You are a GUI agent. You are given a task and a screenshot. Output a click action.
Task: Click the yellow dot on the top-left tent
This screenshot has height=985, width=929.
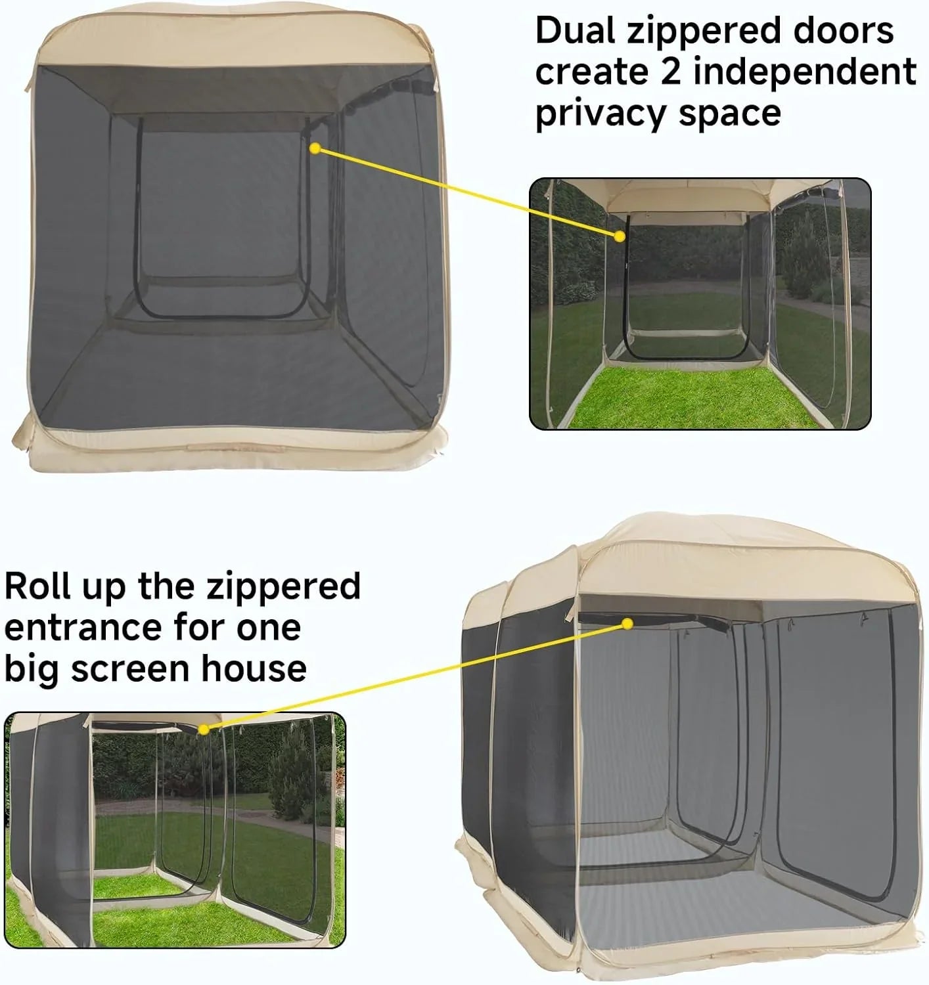[315, 150]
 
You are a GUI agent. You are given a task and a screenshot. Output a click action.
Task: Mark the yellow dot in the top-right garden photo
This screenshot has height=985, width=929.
[619, 236]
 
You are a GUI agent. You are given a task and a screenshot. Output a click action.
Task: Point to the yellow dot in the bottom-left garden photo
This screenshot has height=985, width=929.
[204, 729]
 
